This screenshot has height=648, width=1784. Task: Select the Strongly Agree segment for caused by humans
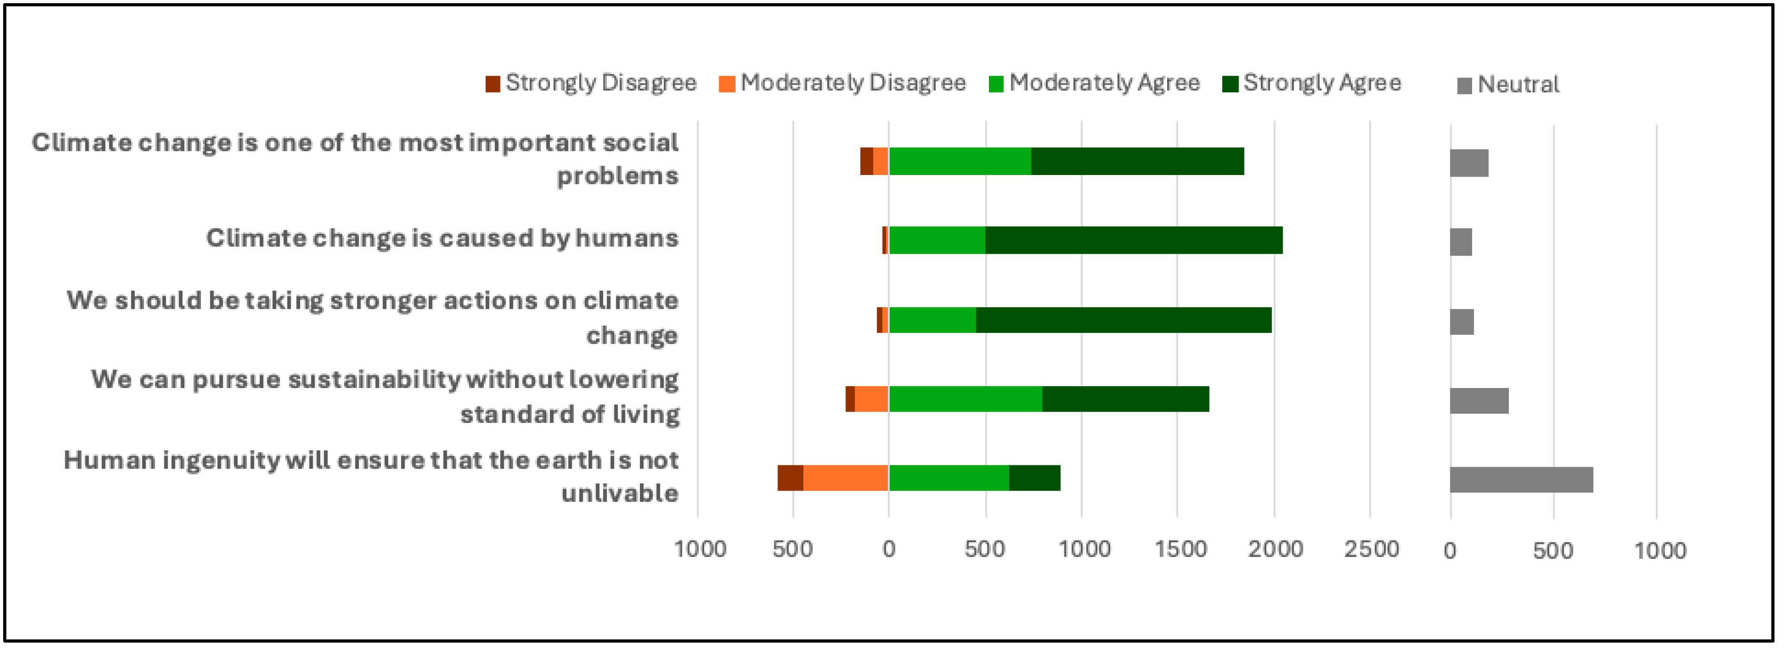pos(1133,240)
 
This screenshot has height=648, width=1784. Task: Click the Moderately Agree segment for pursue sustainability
pos(965,399)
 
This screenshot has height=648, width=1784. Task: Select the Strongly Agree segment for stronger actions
pos(1123,321)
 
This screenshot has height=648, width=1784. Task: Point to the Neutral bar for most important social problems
pos(1469,163)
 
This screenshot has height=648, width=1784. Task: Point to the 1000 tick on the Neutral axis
pos(1660,551)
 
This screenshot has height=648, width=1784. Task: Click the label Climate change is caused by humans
pos(442,238)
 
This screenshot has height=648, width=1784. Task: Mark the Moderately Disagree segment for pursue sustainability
pos(871,399)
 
